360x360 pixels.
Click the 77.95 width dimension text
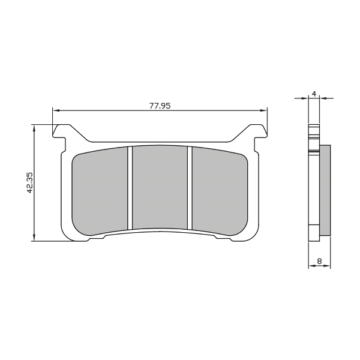160,106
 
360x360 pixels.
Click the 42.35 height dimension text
30,182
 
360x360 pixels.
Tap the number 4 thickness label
314,94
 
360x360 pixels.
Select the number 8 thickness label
319,261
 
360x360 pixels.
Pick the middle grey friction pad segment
160,187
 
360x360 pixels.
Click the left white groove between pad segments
130,188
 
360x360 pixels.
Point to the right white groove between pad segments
190,188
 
